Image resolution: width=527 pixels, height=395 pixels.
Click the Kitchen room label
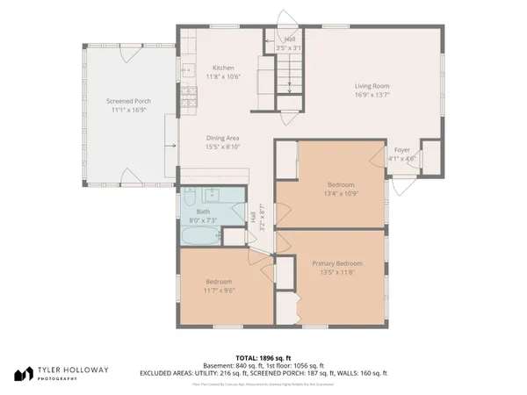point(223,68)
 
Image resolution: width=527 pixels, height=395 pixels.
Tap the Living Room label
point(372,85)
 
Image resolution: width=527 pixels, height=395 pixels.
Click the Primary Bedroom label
point(337,263)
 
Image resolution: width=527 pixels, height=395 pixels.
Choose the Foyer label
point(401,150)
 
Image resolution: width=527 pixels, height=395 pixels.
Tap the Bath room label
point(203,212)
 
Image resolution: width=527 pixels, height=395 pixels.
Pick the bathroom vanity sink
point(212,195)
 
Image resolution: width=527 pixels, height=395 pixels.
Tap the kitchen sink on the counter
point(186,68)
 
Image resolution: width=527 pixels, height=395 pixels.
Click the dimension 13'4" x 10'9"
point(341,193)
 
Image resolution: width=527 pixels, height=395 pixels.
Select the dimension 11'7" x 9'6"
point(220,290)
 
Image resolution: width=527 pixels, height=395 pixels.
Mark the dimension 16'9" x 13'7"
point(372,94)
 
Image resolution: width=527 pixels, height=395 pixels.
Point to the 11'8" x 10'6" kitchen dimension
point(223,76)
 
